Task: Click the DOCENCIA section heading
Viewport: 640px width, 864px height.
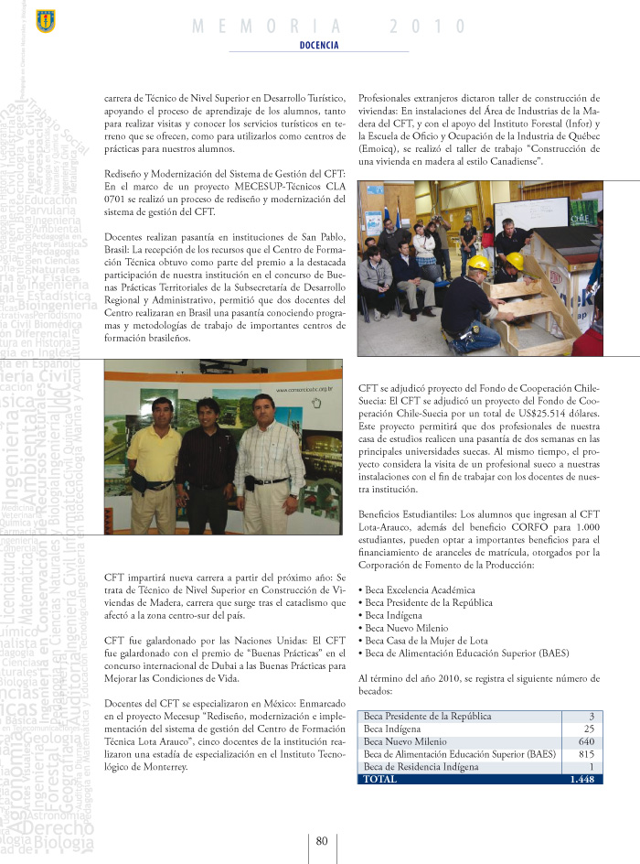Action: (319, 44)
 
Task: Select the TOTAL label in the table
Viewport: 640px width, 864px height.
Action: (380, 779)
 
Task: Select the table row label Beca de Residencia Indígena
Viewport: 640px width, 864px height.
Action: (421, 767)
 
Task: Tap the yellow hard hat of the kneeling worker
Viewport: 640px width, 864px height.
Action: (478, 264)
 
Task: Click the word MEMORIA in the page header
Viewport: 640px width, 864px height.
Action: (269, 27)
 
